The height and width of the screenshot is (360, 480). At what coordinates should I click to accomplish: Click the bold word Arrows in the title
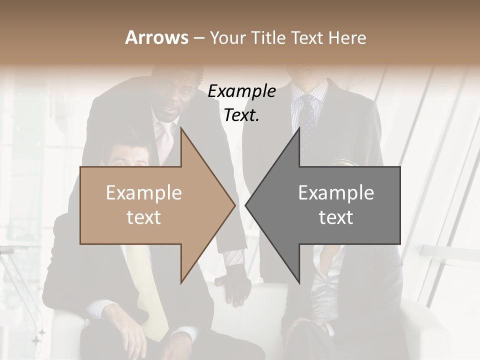(156, 37)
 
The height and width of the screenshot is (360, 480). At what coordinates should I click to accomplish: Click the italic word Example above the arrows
(241, 91)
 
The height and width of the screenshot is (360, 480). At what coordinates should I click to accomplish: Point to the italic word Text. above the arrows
(241, 115)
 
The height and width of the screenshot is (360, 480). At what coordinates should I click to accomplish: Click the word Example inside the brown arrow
(143, 193)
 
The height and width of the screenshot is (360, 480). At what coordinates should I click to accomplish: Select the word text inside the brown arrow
(143, 217)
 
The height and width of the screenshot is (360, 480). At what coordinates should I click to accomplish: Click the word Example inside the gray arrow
(336, 193)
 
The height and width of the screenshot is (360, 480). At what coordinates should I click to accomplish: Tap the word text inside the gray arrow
(336, 217)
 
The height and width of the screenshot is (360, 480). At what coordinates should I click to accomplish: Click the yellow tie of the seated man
(150, 300)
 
